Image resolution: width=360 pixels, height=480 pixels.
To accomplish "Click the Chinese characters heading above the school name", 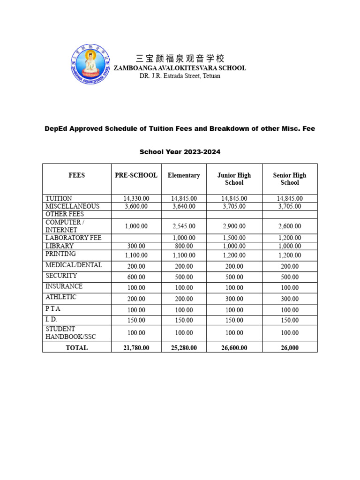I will (x=180, y=59).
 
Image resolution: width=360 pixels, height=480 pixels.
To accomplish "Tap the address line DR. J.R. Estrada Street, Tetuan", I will (x=180, y=76).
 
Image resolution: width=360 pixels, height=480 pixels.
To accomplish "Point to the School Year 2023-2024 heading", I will (x=180, y=152).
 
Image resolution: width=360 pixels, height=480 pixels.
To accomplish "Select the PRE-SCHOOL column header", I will (x=136, y=175).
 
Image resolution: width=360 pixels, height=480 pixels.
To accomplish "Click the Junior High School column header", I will (x=234, y=179).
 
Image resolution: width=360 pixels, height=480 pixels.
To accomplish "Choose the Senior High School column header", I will (x=289, y=179).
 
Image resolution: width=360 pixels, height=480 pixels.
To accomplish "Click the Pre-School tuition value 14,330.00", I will (x=136, y=198).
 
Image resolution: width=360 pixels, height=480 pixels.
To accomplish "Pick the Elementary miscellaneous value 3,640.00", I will (x=184, y=206).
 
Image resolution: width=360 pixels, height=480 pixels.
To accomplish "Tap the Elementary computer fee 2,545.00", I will (x=184, y=226).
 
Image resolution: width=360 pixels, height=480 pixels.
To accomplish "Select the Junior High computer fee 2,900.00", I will (x=234, y=226).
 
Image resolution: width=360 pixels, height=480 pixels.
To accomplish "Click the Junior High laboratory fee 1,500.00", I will (x=234, y=238).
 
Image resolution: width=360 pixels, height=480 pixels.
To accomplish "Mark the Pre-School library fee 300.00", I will (x=136, y=246).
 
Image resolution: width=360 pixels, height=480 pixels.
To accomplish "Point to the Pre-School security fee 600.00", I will (x=136, y=277).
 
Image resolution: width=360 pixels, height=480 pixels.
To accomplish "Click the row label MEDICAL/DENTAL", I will (x=67, y=265).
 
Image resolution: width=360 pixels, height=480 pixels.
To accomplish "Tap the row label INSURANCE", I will (x=64, y=286).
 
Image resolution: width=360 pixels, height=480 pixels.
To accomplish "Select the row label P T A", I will (x=53, y=309).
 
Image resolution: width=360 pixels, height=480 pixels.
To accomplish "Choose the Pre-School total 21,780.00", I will (x=136, y=348).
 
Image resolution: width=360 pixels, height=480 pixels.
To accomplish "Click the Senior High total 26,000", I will (x=289, y=348).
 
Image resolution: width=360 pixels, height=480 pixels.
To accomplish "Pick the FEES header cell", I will (x=76, y=175).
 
